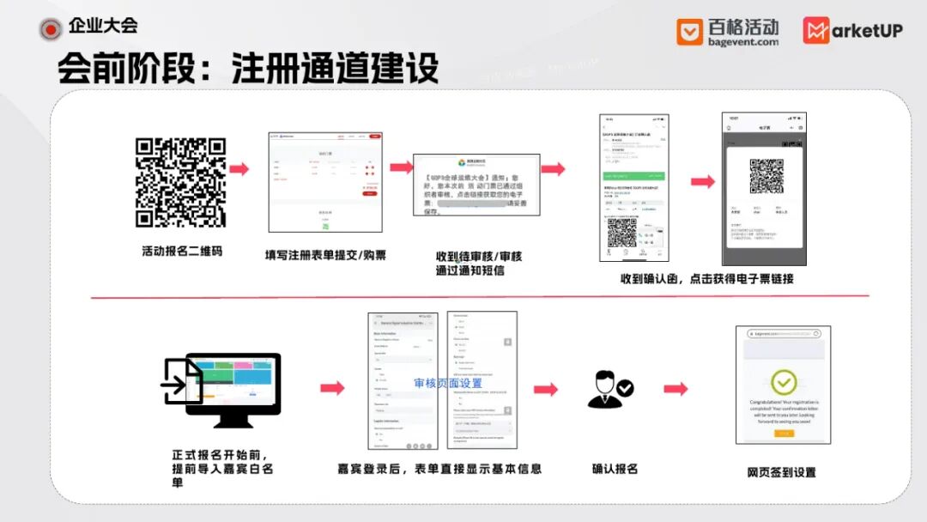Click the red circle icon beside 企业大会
[51, 28]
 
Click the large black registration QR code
[180, 182]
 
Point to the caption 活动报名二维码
[181, 252]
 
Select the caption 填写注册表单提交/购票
[325, 255]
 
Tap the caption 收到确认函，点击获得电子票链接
[706, 278]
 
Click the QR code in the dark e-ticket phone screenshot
[766, 175]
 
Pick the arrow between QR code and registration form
[239, 169]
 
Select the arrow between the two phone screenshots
[703, 181]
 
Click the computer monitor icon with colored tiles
[232, 387]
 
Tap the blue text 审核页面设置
[447, 383]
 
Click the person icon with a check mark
[610, 389]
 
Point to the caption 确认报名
[615, 469]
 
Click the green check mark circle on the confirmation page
[783, 383]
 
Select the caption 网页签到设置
[781, 472]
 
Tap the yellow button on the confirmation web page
[783, 434]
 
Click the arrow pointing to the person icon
[545, 389]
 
